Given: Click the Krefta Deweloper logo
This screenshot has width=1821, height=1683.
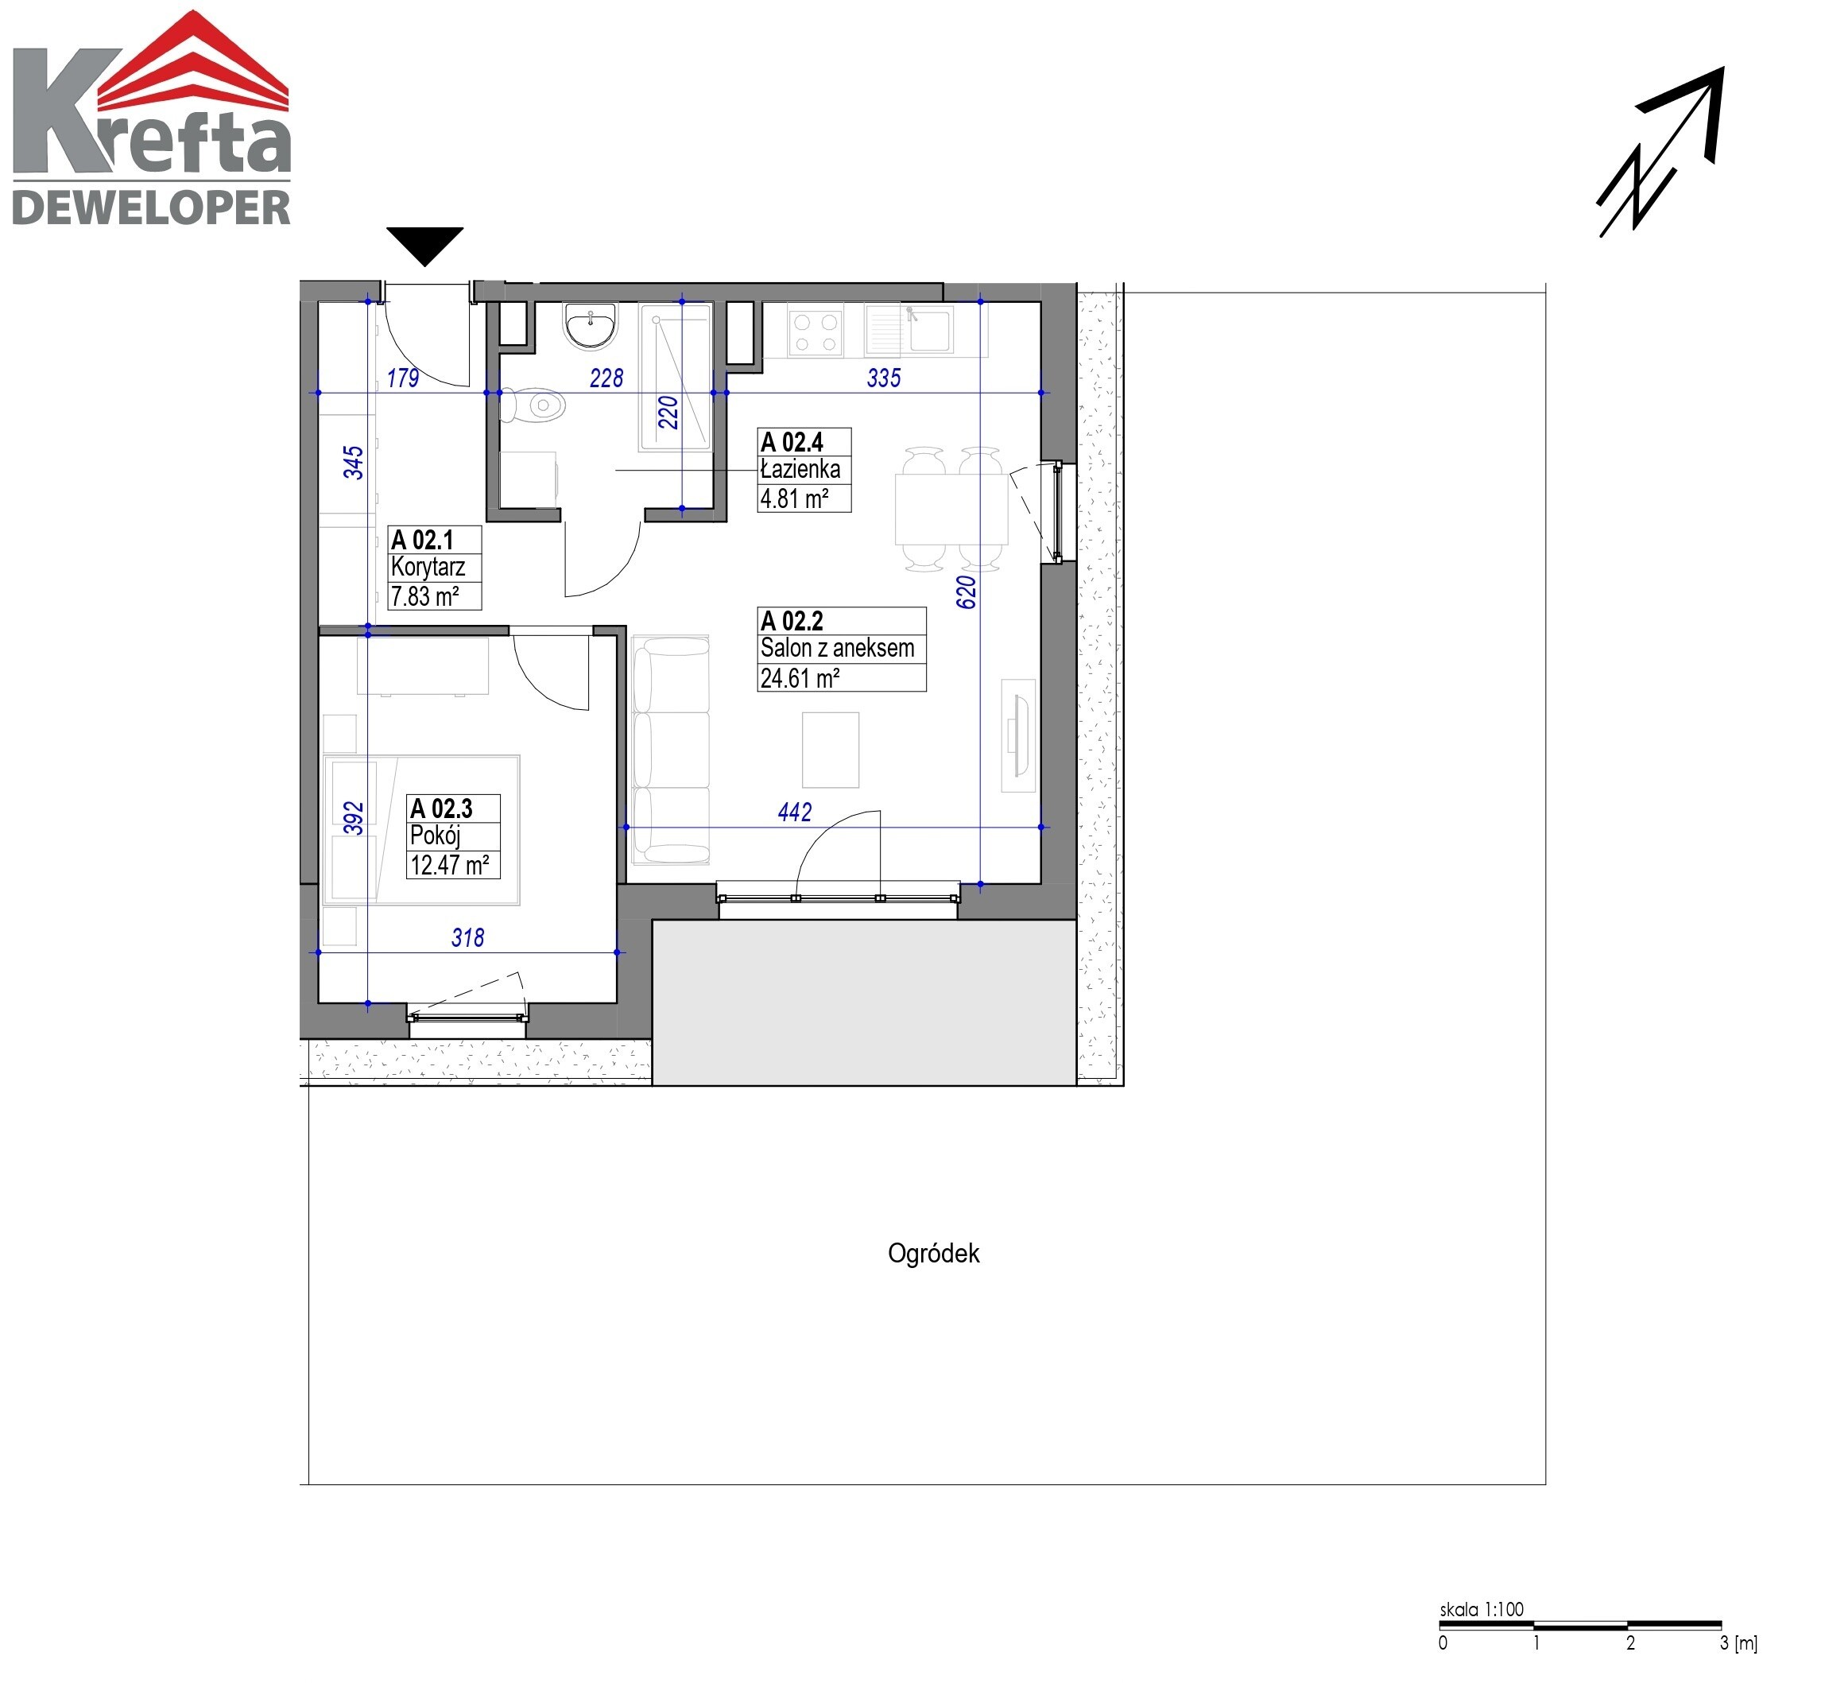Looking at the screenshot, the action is coord(151,118).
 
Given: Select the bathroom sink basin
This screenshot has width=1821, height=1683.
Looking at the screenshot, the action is coord(590,326).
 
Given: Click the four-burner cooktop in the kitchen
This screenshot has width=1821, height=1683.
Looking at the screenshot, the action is coord(816,332).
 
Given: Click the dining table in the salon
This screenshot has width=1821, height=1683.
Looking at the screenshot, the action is coord(951,509).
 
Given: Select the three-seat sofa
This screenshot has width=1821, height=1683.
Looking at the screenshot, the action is coord(671,750).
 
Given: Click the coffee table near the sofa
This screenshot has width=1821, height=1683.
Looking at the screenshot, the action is coord(831,750).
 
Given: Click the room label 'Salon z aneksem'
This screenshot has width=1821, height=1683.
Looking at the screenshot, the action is coord(838,649).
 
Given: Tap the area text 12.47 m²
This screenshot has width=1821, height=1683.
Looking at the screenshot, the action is coord(450,864).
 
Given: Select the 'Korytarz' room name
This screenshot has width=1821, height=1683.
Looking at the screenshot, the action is coord(428,567).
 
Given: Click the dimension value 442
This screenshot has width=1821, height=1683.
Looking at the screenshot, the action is coord(795,812).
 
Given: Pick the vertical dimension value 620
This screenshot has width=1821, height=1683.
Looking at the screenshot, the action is coord(966,592).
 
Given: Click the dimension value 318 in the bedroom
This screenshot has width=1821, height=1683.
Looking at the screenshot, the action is coord(468,937).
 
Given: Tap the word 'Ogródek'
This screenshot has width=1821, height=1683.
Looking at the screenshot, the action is coord(933,1253).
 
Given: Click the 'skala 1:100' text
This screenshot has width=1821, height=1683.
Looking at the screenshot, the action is coord(1482,1609).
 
